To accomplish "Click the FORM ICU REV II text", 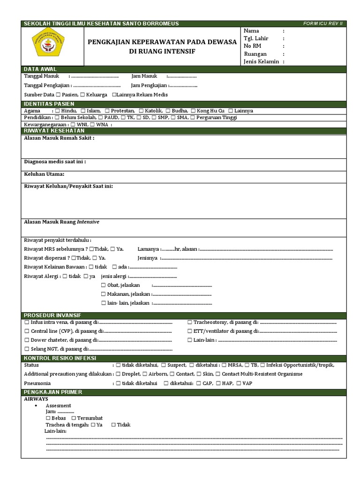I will [x=324, y=23].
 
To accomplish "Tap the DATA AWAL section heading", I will [x=40, y=69].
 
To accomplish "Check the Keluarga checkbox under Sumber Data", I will [x=82, y=95].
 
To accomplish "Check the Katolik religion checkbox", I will [x=141, y=111].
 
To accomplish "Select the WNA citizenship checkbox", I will [x=92, y=125].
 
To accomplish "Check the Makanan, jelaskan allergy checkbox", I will [x=104, y=294].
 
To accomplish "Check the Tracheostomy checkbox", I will [x=190, y=322].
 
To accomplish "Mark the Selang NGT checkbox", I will [x=27, y=349].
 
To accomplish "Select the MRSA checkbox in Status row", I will [x=224, y=365].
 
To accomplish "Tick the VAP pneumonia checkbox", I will [x=239, y=383].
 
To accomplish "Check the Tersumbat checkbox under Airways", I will [x=74, y=418].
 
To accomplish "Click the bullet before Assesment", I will [x=37, y=405].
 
